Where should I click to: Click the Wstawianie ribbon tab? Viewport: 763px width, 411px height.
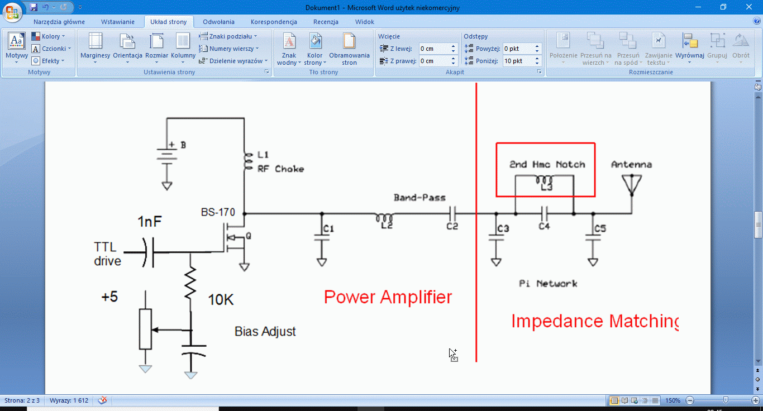tap(117, 22)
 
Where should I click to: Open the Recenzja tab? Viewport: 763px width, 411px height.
tap(326, 22)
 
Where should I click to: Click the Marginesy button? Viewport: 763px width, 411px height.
tap(95, 47)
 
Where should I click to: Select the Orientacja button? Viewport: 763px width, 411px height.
tap(127, 47)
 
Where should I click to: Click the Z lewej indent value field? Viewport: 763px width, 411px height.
tap(434, 49)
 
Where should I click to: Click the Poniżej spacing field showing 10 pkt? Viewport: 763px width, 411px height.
tap(518, 61)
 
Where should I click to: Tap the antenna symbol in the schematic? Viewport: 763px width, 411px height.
tap(632, 185)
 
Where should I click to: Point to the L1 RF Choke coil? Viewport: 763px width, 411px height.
tap(246, 161)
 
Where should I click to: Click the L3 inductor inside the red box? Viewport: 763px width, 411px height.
tap(545, 180)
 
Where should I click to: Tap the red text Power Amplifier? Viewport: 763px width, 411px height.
tap(388, 297)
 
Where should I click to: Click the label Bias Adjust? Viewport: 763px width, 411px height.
tap(265, 331)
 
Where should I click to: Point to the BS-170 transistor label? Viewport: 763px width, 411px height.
tap(218, 212)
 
